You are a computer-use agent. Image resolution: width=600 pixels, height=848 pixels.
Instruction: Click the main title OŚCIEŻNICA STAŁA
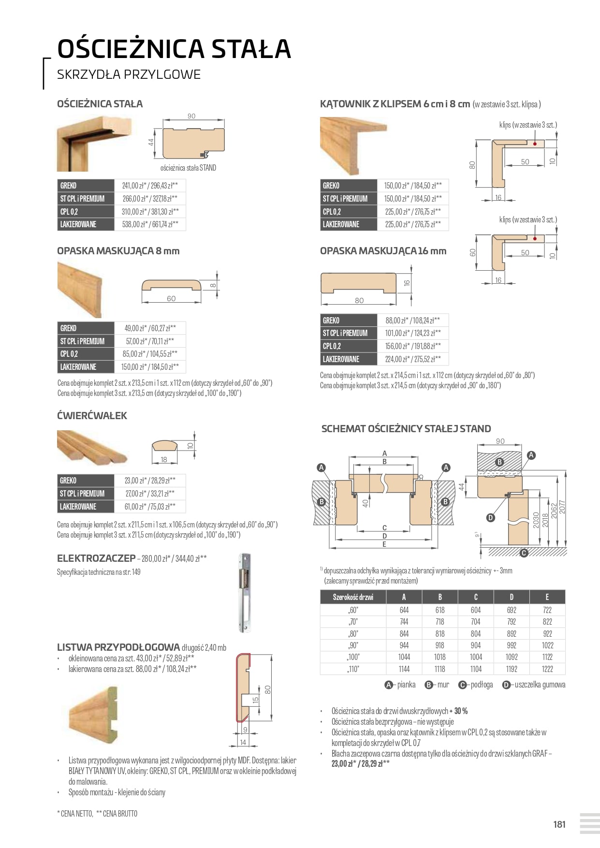tap(174, 49)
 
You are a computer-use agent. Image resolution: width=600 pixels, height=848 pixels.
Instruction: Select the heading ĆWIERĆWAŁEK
tap(92, 416)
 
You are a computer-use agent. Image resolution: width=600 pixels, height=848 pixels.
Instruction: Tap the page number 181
tap(559, 824)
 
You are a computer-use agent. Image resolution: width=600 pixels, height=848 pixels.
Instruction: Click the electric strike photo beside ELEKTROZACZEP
tap(245, 593)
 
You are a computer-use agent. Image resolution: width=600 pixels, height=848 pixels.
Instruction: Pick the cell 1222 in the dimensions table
tap(547, 669)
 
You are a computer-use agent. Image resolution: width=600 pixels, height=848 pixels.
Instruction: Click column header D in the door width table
tap(511, 597)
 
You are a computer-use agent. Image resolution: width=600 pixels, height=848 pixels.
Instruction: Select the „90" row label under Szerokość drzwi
tap(353, 645)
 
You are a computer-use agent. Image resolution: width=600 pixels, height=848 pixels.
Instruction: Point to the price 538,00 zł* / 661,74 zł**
tap(150, 224)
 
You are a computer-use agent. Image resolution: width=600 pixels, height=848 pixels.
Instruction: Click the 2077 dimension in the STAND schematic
tap(562, 508)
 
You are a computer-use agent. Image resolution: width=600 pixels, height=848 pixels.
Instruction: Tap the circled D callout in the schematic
tap(491, 518)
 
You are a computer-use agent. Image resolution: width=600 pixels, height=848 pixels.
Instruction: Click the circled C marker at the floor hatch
tap(524, 553)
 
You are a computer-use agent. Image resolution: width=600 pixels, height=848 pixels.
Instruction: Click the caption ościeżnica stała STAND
tap(188, 168)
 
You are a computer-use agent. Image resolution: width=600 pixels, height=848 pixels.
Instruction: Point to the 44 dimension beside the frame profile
tap(151, 142)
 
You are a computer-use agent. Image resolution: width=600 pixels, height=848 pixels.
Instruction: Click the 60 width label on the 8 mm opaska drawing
tap(171, 299)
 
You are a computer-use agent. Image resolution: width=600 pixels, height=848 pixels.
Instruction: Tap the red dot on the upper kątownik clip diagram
tap(535, 144)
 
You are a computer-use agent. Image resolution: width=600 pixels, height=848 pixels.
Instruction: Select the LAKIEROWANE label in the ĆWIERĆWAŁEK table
tap(78, 507)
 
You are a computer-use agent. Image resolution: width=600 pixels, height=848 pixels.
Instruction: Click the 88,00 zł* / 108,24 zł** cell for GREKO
tap(412, 320)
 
